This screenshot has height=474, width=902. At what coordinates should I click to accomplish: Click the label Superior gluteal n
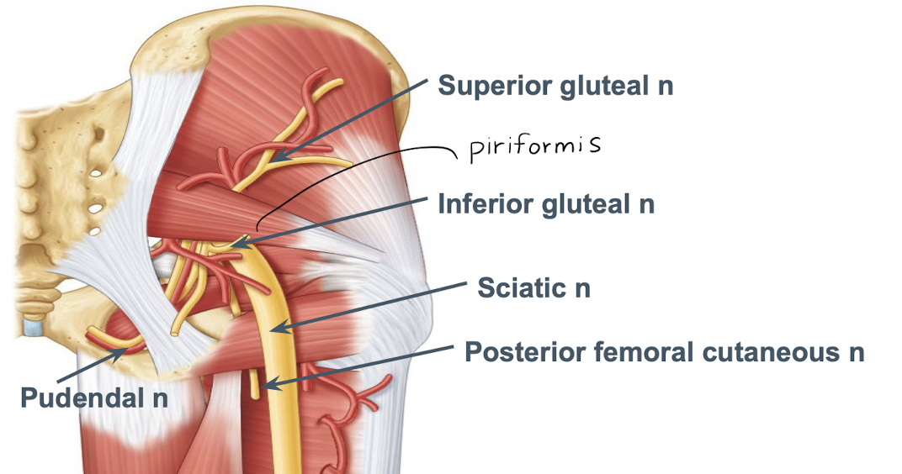[555, 86]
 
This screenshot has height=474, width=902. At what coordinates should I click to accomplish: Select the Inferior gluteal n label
[546, 203]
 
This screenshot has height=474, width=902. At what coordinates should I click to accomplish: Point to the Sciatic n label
[533, 287]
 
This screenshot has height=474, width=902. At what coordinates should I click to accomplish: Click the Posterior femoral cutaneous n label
[665, 351]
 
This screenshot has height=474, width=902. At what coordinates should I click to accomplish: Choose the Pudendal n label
[93, 398]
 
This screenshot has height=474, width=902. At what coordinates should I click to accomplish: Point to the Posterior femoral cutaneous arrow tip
[263, 387]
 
